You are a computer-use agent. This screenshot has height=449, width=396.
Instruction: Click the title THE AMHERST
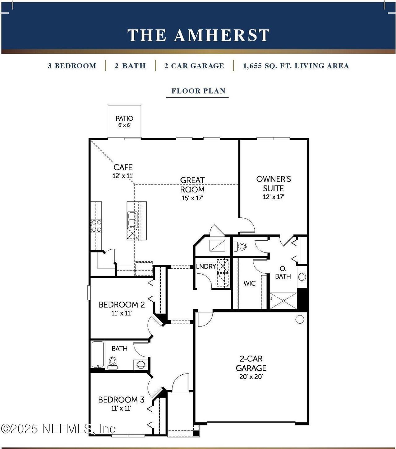tap(198, 35)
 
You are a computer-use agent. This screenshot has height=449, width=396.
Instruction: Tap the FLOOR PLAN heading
tap(198, 91)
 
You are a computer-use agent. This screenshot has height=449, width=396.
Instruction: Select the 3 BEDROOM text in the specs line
tap(72, 66)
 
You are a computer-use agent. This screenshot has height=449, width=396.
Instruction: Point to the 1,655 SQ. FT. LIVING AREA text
tap(296, 66)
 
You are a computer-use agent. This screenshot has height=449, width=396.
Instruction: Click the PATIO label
tap(124, 119)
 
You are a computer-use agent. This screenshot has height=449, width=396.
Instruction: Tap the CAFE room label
tap(123, 168)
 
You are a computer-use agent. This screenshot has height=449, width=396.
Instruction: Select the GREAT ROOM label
tap(192, 185)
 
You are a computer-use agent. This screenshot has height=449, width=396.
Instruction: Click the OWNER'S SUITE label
tap(273, 184)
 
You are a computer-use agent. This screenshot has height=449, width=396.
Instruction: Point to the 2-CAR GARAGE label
tap(251, 363)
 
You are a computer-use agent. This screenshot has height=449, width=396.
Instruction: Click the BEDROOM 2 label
tap(122, 305)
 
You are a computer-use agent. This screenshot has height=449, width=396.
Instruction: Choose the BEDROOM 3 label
tap(121, 400)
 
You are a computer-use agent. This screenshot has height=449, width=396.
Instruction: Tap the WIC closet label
tap(249, 283)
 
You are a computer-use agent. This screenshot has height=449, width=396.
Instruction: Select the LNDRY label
tap(206, 266)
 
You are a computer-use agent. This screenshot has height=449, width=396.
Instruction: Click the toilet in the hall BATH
tap(113, 362)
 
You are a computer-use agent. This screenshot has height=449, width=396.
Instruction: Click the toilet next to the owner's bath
tap(240, 247)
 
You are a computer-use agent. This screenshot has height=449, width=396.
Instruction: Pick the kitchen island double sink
tap(132, 219)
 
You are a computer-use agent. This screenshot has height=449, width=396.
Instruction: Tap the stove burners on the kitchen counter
tap(96, 226)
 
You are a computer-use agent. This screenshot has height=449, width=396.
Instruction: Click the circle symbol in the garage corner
tap(299, 319)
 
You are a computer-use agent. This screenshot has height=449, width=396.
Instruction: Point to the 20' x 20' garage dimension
tap(251, 377)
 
